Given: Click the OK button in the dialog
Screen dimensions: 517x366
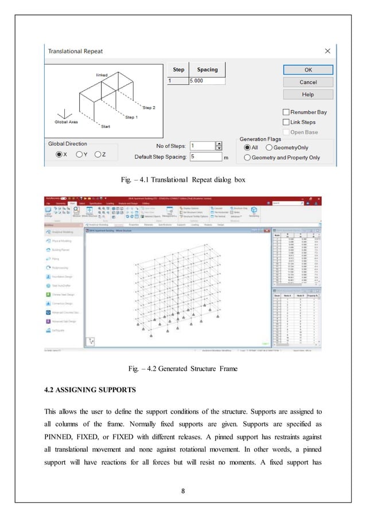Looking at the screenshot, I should (x=307, y=69).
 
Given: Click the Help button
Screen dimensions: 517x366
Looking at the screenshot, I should (x=307, y=94).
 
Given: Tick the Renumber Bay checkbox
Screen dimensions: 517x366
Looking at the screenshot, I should (x=286, y=112).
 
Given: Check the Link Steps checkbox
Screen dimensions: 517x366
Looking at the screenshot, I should (x=286, y=122).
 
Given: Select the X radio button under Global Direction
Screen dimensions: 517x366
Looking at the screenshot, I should (x=59, y=154).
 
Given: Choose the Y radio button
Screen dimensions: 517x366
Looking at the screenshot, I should (x=79, y=154).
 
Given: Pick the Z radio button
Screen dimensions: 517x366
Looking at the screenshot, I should (x=98, y=154).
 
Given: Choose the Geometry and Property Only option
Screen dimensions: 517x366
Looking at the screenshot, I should (x=247, y=157).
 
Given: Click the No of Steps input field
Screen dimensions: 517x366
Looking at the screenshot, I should (x=201, y=146).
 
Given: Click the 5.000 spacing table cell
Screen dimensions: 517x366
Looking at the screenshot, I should (x=207, y=81).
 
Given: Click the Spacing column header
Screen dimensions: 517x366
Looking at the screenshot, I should (x=207, y=70).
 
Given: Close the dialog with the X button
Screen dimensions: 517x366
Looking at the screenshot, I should (x=328, y=51).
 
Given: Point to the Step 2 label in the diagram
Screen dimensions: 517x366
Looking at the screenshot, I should (x=149, y=108).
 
